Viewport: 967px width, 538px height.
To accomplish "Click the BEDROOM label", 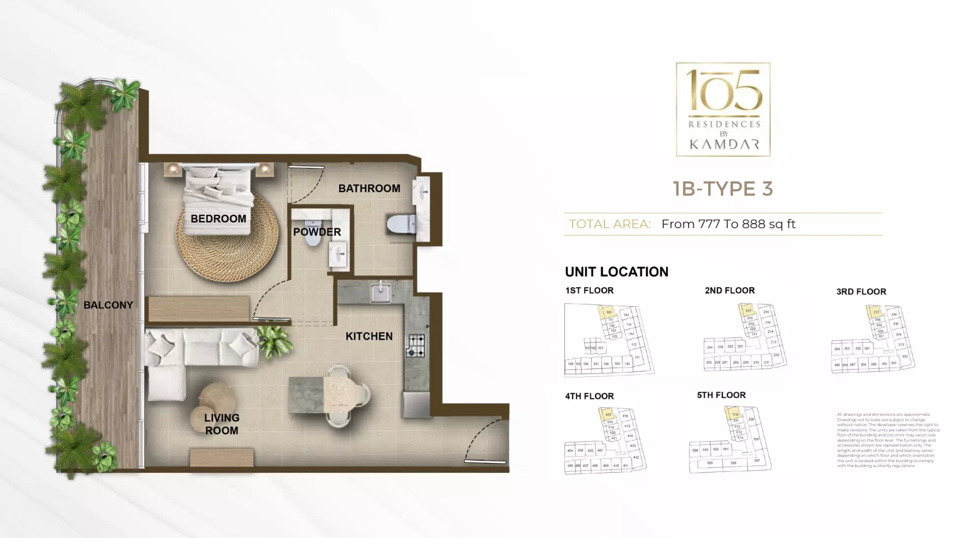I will [x=218, y=218].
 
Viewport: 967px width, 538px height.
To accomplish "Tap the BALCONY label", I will [x=108, y=305].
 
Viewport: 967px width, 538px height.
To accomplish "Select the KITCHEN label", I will [x=369, y=336].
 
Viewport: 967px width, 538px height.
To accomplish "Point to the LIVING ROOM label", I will [x=222, y=424].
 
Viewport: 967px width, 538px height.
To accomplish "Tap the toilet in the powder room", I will [x=313, y=235].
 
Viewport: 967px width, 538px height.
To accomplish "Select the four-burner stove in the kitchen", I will [x=415, y=345].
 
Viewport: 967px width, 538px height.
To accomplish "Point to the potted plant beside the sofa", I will [x=275, y=341].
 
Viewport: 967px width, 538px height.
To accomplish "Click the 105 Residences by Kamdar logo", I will [x=723, y=109].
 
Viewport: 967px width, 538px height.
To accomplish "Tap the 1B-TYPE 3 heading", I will [x=723, y=189].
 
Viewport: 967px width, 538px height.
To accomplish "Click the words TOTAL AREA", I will [x=610, y=224].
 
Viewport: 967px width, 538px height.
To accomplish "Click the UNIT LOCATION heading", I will [x=616, y=272].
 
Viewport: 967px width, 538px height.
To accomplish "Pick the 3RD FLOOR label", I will [x=861, y=292].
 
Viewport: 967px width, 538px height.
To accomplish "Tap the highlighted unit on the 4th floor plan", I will [x=608, y=414].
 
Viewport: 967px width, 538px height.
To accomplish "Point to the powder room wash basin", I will [x=339, y=255].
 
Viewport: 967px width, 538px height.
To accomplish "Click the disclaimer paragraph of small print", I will [x=888, y=440].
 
